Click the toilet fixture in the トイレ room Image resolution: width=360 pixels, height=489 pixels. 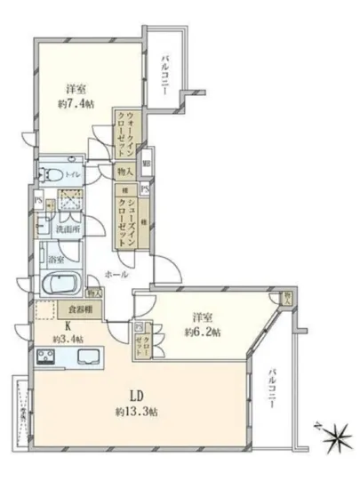(51, 173)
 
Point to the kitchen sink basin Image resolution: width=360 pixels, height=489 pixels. (89, 357)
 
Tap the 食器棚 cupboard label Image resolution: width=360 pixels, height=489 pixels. (81, 311)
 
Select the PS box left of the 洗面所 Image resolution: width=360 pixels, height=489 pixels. (38, 201)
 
